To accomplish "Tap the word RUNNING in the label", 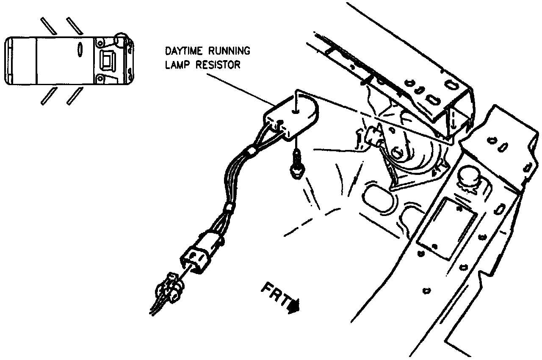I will [229, 52].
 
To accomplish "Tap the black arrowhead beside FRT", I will [293, 306].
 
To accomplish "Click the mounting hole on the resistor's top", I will [295, 113].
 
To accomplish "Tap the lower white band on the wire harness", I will [229, 207].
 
